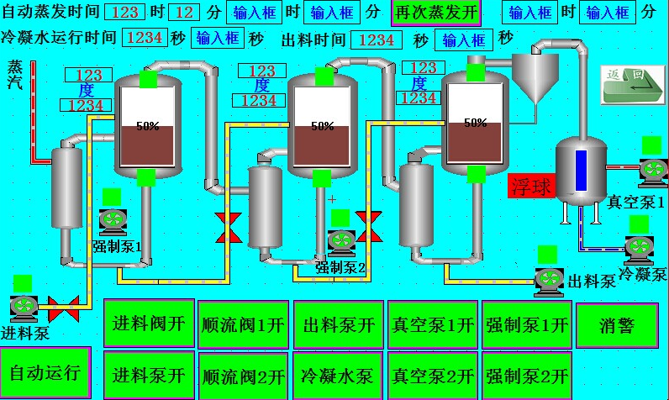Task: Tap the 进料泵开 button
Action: (149, 375)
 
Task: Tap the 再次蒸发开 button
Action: (435, 13)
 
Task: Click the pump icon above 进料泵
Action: (23, 307)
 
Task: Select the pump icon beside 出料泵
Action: (550, 278)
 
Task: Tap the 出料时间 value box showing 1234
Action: (377, 40)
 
